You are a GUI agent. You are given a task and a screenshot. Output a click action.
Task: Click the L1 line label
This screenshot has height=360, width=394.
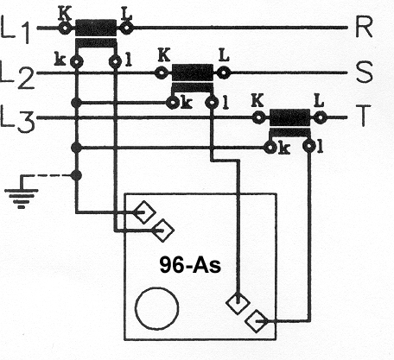pyautogui.click(x=16, y=28)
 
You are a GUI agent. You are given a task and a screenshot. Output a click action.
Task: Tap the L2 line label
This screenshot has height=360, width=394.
pyautogui.click(x=17, y=74)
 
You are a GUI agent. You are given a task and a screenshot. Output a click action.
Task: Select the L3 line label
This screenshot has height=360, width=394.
pyautogui.click(x=17, y=118)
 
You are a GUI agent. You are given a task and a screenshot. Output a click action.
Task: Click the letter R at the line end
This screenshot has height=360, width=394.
pyautogui.click(x=364, y=27)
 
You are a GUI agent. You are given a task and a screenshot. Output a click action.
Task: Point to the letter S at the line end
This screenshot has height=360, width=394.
pyautogui.click(x=364, y=72)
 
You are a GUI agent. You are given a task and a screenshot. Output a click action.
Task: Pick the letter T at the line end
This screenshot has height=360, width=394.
pyautogui.click(x=364, y=116)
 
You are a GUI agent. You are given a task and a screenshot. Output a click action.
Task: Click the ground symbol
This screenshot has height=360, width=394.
pyautogui.click(x=22, y=192)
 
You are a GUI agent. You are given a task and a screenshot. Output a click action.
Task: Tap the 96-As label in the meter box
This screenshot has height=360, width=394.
pyautogui.click(x=190, y=265)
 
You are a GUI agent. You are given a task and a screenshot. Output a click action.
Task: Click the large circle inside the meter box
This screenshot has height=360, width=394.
pyautogui.click(x=157, y=308)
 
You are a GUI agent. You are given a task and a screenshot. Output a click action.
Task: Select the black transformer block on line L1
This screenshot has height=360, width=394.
pyautogui.click(x=96, y=28)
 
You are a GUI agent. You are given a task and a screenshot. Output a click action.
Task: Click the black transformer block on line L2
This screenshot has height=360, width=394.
pyautogui.click(x=193, y=73)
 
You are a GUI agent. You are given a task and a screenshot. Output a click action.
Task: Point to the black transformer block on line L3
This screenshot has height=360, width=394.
pyautogui.click(x=289, y=117)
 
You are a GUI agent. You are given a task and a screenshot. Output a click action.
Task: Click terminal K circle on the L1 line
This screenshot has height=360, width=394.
pyautogui.click(x=65, y=28)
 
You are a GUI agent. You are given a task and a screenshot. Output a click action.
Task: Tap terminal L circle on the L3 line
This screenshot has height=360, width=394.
pyautogui.click(x=321, y=117)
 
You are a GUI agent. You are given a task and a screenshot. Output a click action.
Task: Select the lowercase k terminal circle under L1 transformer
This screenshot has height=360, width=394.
pyautogui.click(x=77, y=61)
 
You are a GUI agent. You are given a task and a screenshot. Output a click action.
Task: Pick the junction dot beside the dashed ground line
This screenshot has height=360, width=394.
pyautogui.click(x=76, y=175)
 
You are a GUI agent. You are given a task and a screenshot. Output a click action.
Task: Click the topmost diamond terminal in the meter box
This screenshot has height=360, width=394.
pyautogui.click(x=144, y=212)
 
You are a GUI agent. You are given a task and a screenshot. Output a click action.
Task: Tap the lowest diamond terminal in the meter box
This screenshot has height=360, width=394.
pyautogui.click(x=257, y=321)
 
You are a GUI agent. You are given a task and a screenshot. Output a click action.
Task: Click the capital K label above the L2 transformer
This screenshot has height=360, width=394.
pyautogui.click(x=164, y=55)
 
